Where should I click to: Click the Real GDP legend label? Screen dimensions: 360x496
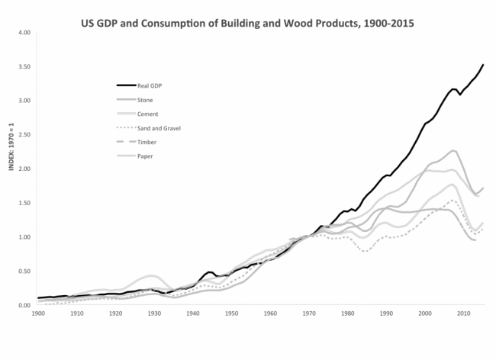pos(150,85)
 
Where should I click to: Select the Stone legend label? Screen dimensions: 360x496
pos(145,100)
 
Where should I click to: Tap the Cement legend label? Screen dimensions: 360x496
pos(147,114)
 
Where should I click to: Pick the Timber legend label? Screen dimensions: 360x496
pos(147,143)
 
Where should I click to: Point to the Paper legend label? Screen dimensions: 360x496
pos(145,157)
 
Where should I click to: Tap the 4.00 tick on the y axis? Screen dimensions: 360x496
pos(24,33)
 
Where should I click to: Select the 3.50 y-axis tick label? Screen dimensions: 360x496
pos(24,67)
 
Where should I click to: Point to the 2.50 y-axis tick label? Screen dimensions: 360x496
pos(24,135)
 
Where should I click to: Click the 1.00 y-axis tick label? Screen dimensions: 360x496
pos(24,237)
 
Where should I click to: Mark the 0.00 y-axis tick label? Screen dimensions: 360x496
pos(24,305)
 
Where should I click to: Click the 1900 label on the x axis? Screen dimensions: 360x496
pos(38,313)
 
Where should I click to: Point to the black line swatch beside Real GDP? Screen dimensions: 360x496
pos(126,85)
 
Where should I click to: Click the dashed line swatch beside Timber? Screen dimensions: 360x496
pos(126,143)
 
